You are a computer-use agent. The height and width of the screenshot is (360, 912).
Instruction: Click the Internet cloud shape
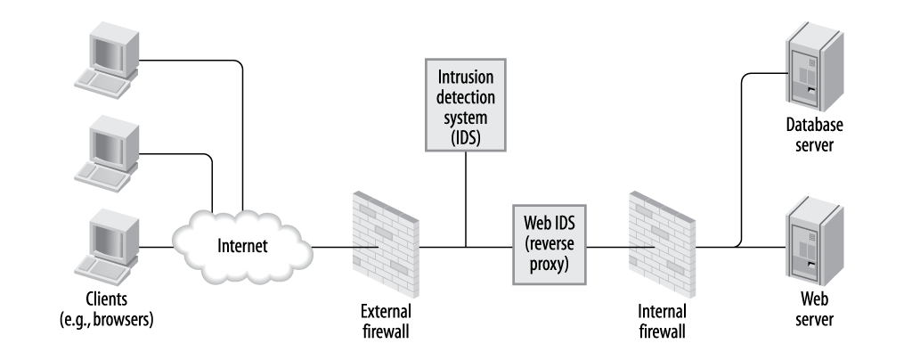coord(242,244)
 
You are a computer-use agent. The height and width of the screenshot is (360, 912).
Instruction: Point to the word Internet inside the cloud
coord(242,245)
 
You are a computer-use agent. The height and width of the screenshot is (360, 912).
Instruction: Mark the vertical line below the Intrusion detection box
coord(465,196)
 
